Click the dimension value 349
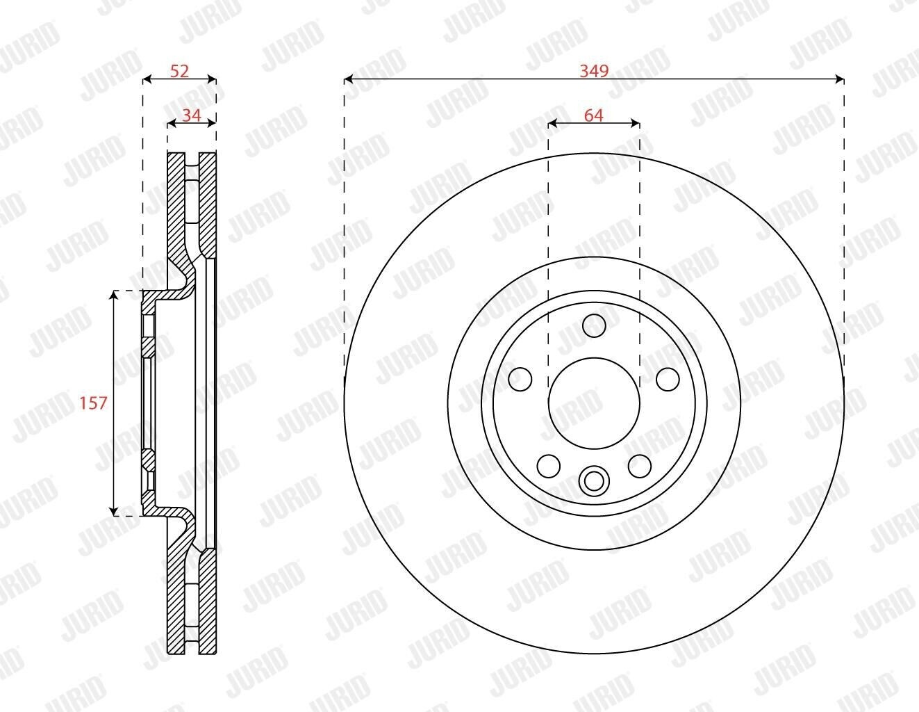pos(594,71)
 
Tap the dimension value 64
pos(594,115)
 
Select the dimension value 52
pos(179,71)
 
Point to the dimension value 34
pos(192,115)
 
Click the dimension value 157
pos(94,403)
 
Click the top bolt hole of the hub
pos(594,325)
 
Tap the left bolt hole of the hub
pos(520,379)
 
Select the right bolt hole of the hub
pos(668,379)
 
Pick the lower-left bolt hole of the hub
pos(549,466)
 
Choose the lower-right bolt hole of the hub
pos(640,466)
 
